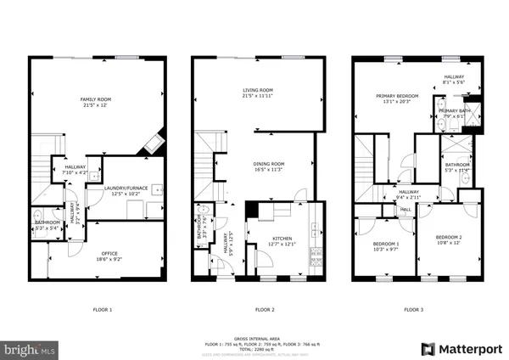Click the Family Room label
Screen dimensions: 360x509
click(95, 100)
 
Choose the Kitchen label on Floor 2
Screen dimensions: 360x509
click(280, 239)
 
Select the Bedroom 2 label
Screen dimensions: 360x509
click(449, 237)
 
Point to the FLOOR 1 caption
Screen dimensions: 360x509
click(101, 310)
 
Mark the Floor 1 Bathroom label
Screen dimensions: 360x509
click(47, 222)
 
